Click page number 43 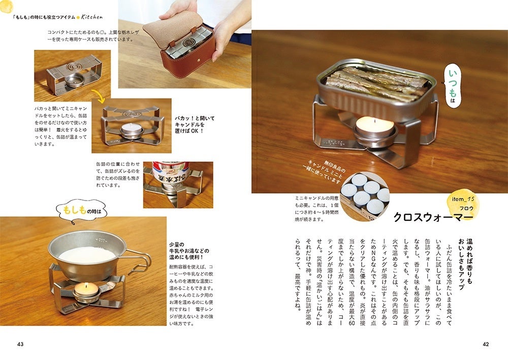[20, 344]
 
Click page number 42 [485, 344]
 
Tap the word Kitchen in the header [92, 17]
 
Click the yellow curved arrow [99, 96]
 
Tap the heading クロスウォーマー [433, 217]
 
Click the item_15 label [463, 200]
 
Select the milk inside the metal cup [87, 255]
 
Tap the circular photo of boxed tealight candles [365, 197]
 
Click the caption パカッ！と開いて [195, 118]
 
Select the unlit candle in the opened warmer [131, 129]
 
